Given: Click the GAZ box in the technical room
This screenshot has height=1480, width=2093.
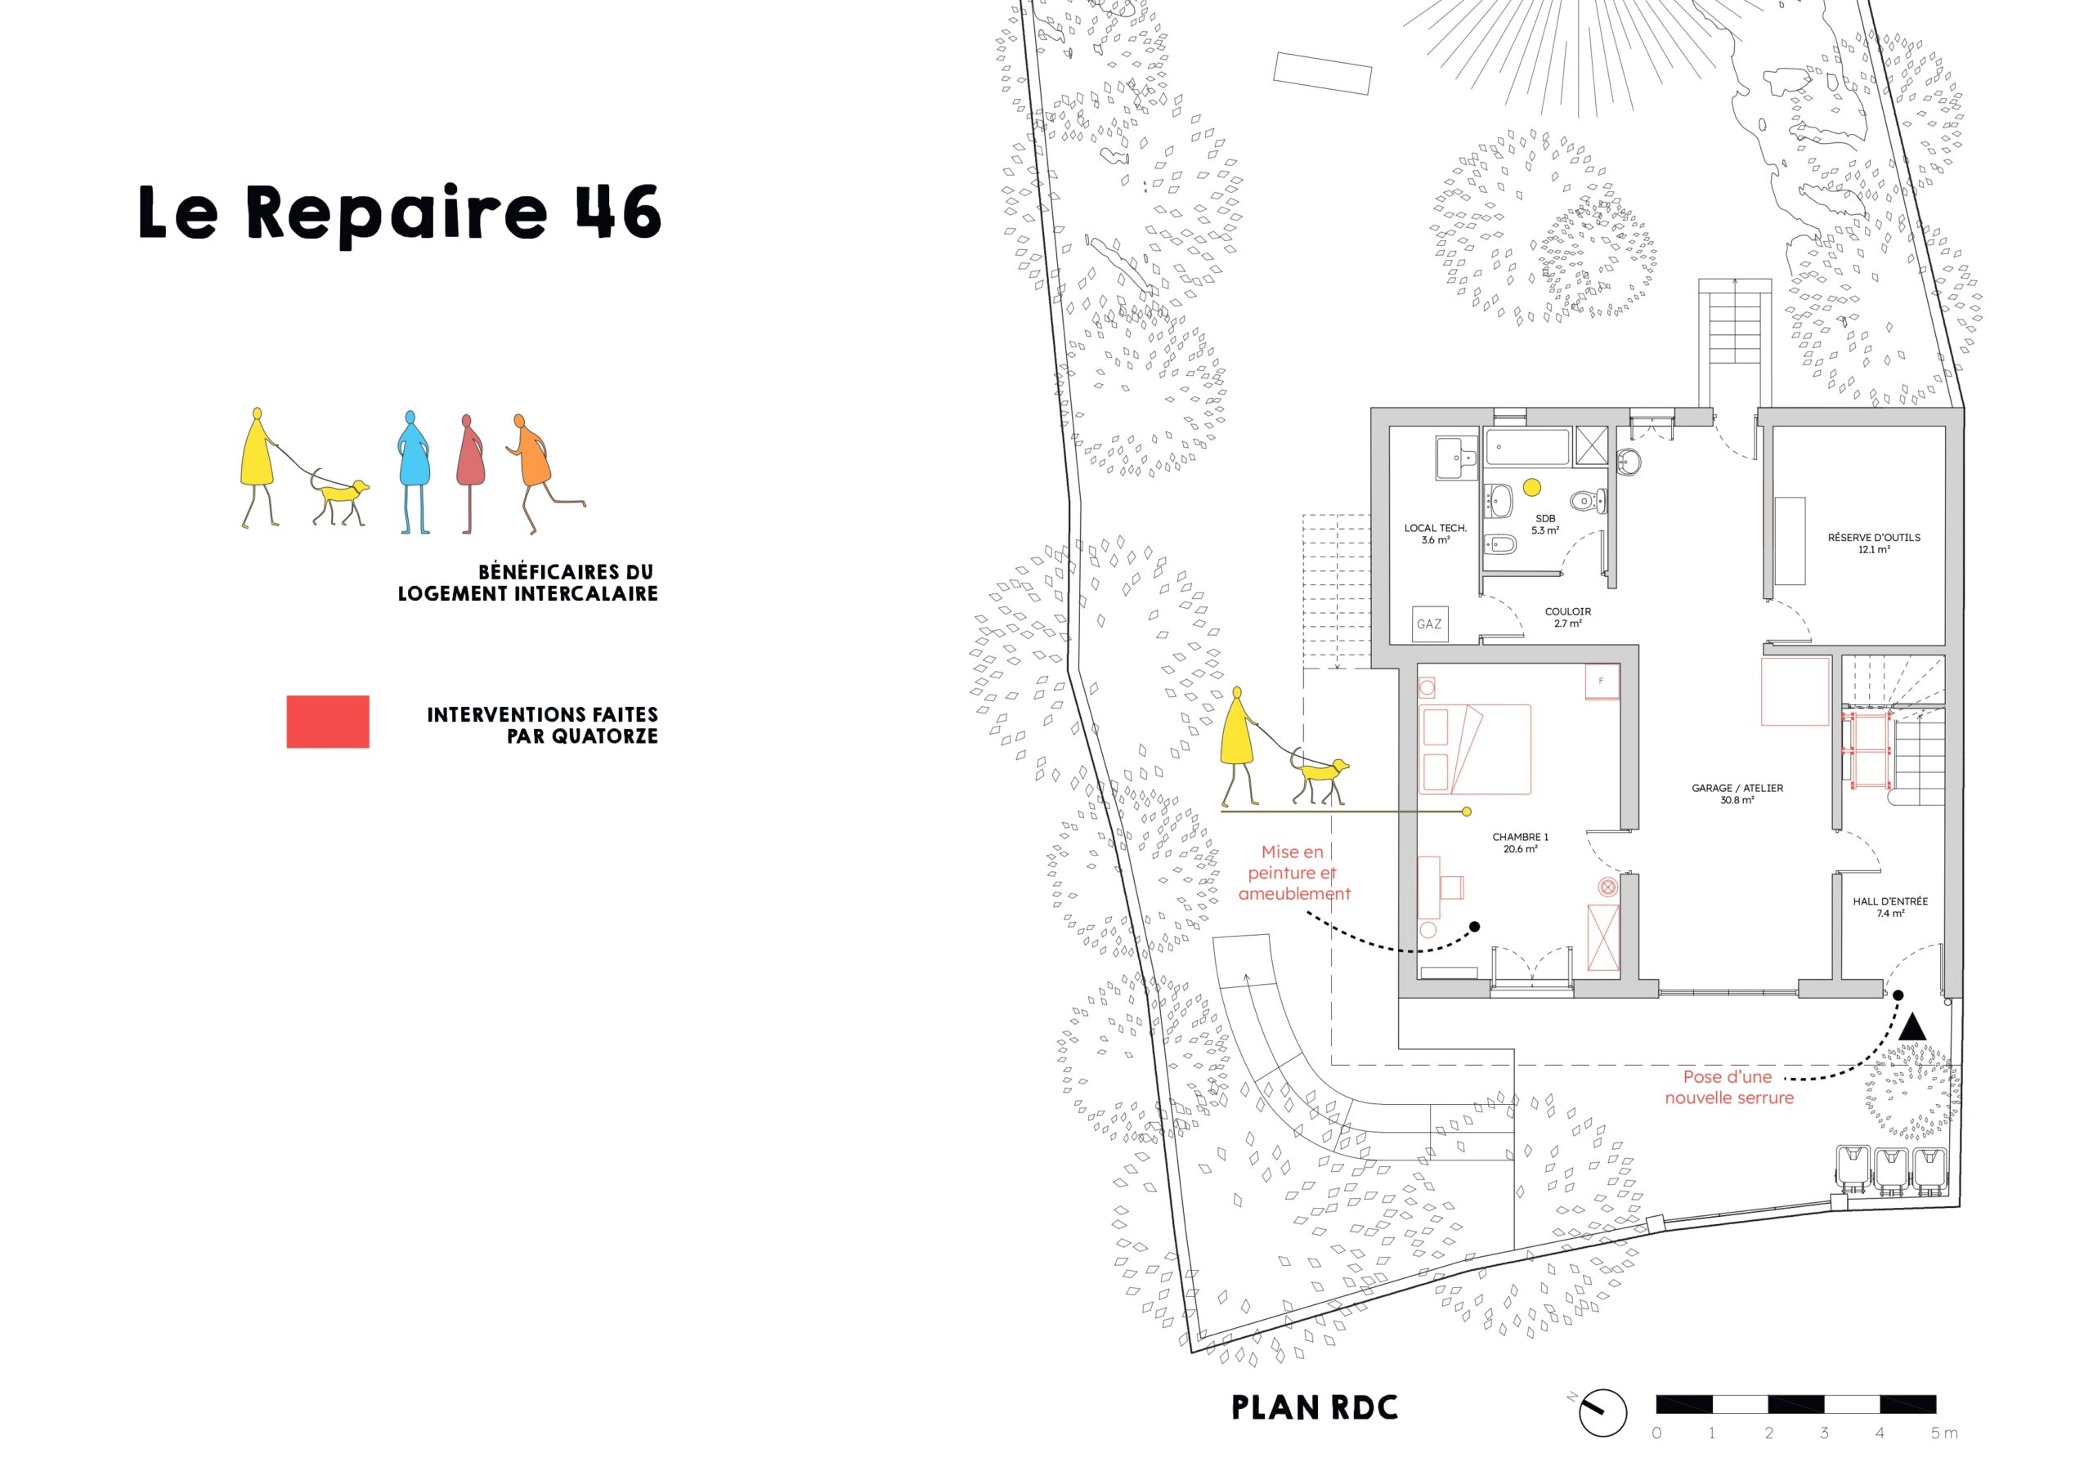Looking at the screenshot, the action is coord(1428,624).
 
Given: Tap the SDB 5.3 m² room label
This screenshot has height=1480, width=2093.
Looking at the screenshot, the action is coord(1545,524).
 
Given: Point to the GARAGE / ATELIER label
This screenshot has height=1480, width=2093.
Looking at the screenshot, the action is coord(1737,794).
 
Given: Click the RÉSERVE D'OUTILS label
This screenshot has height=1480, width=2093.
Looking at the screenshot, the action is coord(1874,543).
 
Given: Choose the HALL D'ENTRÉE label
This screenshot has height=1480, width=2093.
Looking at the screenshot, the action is coord(1889,907).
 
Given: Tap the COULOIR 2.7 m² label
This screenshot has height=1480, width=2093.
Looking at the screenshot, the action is coord(1568,618).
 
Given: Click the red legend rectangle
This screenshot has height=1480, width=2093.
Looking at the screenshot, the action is coord(328,722).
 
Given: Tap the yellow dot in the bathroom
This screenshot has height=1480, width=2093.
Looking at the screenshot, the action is coord(1532,488).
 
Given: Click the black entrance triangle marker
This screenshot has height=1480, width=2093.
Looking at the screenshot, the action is coord(1911,1028).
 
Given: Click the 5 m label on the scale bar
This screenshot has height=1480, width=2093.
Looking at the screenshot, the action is coord(1944,1433).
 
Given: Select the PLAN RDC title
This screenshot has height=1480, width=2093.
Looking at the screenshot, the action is coord(1315,1408).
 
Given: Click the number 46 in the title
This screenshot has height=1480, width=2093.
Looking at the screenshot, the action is coord(618,212).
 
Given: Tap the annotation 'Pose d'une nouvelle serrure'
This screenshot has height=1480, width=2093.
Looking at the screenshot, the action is coord(1729,1087).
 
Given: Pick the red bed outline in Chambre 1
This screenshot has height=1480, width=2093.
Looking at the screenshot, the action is coord(1475,749).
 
